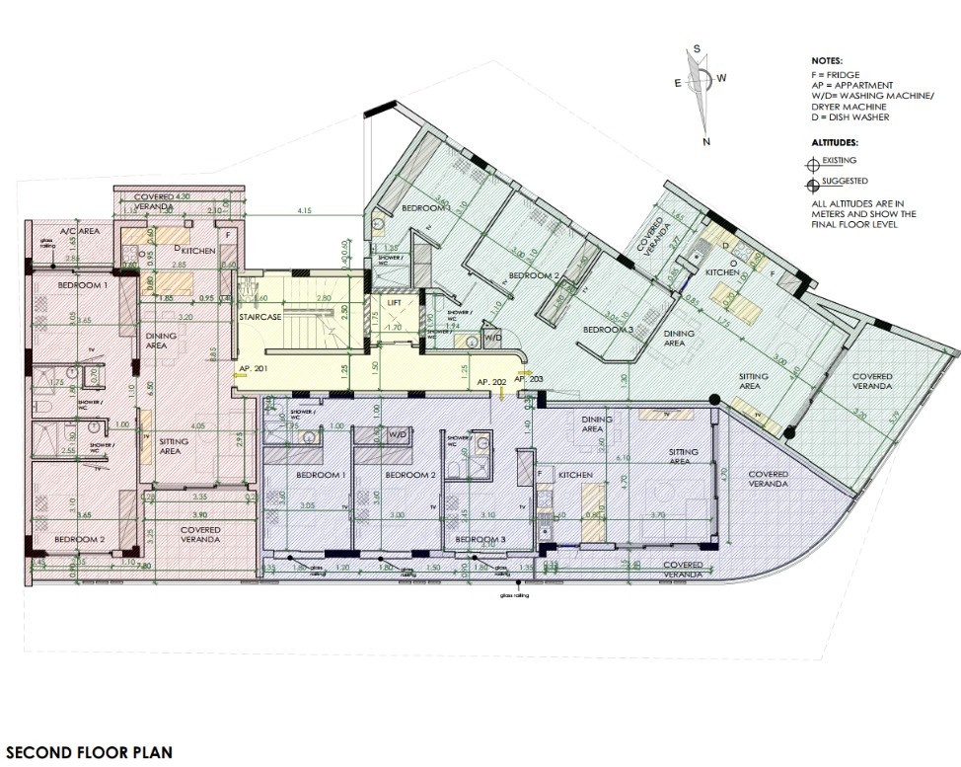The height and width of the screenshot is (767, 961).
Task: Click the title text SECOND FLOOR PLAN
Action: (88, 751)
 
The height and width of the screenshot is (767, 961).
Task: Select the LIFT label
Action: (394, 302)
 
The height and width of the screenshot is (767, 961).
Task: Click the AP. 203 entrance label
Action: (528, 378)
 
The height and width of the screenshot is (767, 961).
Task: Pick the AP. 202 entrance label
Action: (490, 381)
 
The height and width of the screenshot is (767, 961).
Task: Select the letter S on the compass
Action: (697, 48)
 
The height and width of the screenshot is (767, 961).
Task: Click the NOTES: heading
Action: (827, 61)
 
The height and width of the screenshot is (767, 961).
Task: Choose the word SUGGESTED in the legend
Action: (841, 182)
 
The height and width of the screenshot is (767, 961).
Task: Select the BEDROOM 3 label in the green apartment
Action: (606, 330)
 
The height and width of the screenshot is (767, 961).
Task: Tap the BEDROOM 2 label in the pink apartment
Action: (80, 539)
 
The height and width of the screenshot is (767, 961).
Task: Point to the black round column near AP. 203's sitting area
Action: (713, 399)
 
